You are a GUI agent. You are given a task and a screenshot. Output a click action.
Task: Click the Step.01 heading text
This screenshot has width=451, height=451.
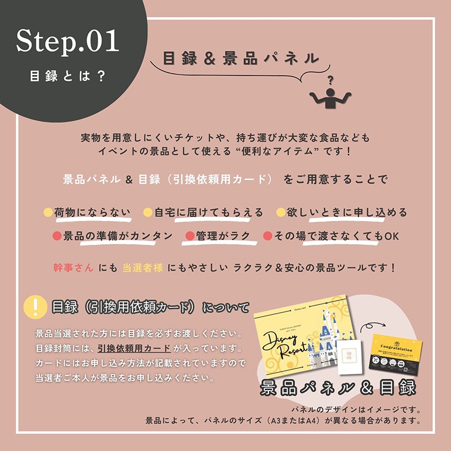[68, 41]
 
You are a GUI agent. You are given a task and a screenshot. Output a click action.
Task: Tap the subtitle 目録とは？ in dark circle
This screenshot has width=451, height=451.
[68, 76]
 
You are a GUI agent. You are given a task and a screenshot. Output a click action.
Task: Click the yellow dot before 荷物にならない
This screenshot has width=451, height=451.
[48, 213]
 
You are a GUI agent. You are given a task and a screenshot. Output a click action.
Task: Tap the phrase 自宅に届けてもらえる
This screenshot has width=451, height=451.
[209, 213]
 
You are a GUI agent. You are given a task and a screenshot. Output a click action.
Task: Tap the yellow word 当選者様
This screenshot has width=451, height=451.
[143, 267]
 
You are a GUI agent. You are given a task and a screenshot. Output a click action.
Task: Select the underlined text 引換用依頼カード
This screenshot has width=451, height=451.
[135, 348]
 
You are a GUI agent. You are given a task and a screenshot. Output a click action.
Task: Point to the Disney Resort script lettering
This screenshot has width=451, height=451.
[286, 344]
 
